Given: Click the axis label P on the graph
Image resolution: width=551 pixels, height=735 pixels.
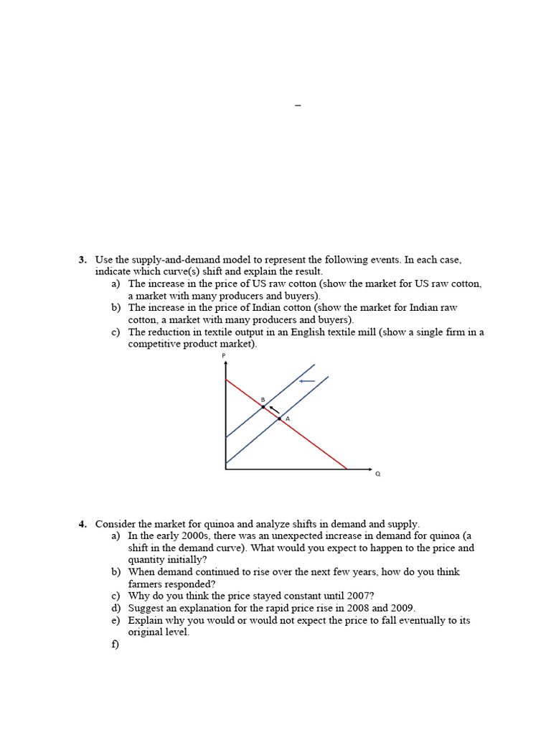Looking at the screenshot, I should point(224,356).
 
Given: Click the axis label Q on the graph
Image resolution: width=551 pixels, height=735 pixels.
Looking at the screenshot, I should point(377,474).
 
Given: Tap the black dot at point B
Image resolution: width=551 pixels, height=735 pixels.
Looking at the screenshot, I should point(263,407).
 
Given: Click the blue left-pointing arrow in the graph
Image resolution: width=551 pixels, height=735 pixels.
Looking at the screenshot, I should point(306,381).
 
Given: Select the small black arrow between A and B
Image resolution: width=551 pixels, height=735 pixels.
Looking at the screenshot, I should point(273,409).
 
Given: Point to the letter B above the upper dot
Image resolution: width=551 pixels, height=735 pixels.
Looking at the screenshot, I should point(263,399).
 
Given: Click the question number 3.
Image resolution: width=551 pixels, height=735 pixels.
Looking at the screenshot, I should point(83,260).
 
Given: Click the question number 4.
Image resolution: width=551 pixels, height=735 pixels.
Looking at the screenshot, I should point(83,524).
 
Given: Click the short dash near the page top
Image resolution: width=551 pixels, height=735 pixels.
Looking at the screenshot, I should point(298,106).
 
